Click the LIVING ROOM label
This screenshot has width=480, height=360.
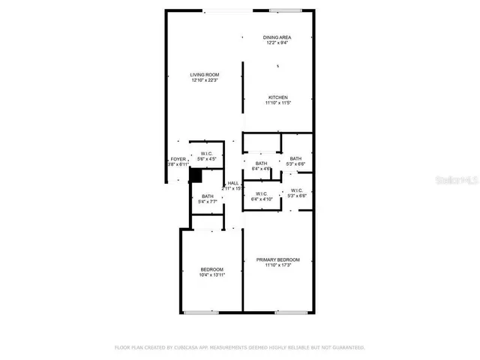pyautogui.click(x=204, y=74)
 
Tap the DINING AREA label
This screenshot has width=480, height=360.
pyautogui.click(x=277, y=37)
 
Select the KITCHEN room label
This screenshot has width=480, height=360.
pyautogui.click(x=277, y=97)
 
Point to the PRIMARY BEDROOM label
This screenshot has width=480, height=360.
pyautogui.click(x=277, y=259)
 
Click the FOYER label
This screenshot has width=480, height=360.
pyautogui.click(x=178, y=159)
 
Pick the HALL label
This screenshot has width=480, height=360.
pyautogui.click(x=233, y=182)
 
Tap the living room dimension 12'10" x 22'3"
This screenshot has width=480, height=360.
pyautogui.click(x=204, y=80)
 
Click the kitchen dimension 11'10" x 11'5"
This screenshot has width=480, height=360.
pyautogui.click(x=277, y=103)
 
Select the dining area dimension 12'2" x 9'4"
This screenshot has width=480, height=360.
pyautogui.click(x=277, y=43)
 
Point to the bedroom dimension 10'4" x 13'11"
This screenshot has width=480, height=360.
pyautogui.click(x=211, y=275)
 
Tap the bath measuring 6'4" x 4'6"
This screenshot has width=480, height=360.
pyautogui.click(x=261, y=166)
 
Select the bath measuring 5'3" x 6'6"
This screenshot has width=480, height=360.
pyautogui.click(x=295, y=161)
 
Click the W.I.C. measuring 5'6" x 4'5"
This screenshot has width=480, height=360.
pyautogui.click(x=206, y=157)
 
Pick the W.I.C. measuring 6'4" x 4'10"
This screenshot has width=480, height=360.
pyautogui.click(x=261, y=196)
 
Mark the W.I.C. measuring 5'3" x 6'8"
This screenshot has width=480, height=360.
pyautogui.click(x=296, y=193)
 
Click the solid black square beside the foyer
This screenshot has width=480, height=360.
pyautogui.click(x=195, y=175)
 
